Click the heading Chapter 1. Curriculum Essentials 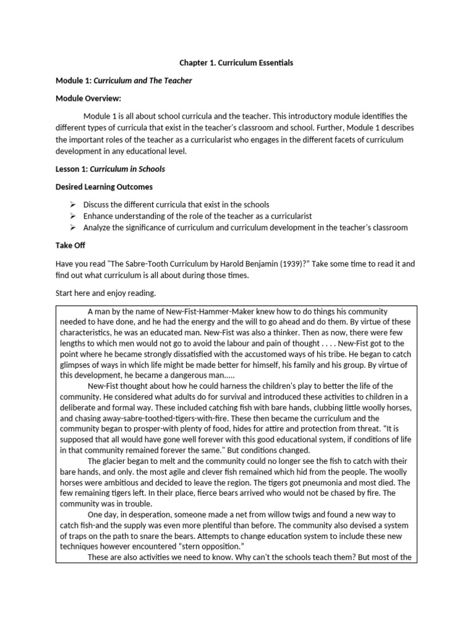236,63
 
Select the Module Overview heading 88,98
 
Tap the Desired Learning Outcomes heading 104,186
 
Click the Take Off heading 70,245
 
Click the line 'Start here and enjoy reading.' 106,293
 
